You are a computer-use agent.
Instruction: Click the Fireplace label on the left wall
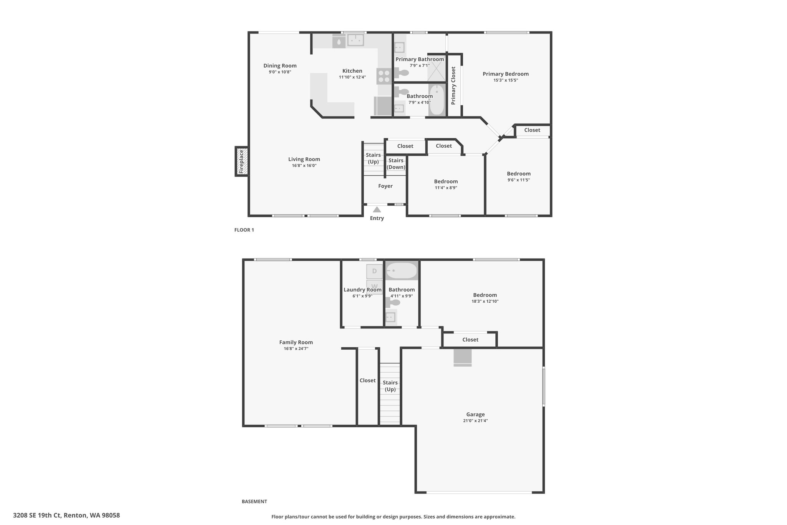tap(241, 162)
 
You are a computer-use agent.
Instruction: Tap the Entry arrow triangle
tap(377, 210)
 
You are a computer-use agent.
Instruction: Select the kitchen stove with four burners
tap(383, 75)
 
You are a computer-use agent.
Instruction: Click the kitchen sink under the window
tap(355, 40)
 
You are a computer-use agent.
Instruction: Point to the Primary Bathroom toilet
tap(401, 72)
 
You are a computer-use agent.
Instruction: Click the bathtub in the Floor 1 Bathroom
tap(437, 100)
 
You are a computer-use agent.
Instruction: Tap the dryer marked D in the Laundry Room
tap(374, 271)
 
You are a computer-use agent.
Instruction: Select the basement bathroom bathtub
tap(402, 271)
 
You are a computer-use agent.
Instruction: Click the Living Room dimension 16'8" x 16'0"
tap(304, 166)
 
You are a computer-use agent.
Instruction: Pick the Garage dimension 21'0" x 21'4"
tap(475, 421)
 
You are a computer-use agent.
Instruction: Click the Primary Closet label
tap(453, 85)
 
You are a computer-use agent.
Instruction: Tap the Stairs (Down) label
tap(396, 163)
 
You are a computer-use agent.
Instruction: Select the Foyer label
tap(385, 186)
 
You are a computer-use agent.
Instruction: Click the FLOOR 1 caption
tap(244, 230)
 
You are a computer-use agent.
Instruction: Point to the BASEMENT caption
tap(254, 502)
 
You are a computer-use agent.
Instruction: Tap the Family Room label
tap(296, 342)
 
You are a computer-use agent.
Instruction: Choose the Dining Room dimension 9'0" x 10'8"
tap(280, 72)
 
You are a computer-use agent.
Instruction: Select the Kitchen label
tap(352, 71)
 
